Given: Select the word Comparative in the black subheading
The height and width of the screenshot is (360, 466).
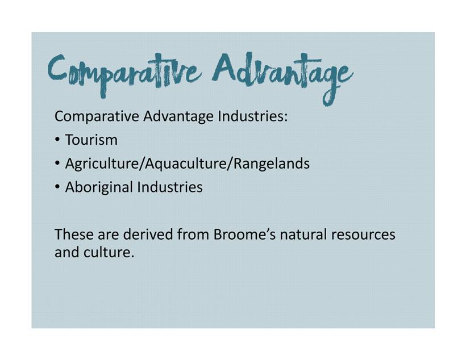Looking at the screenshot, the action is (97, 116).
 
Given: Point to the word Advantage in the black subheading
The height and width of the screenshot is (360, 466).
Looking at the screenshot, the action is (178, 117).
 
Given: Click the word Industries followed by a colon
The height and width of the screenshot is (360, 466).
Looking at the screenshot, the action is (253, 116).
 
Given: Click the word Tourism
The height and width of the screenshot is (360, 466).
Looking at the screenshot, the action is (91, 140).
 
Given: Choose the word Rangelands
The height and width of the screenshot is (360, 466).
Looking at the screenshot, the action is (271, 164).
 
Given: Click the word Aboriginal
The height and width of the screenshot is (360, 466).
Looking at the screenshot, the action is (99, 188).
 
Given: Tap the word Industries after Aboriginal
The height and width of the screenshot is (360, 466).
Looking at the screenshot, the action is (170, 187).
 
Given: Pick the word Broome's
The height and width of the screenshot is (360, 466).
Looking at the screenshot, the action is (244, 235).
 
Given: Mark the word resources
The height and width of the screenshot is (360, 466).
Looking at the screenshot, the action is (363, 235).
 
